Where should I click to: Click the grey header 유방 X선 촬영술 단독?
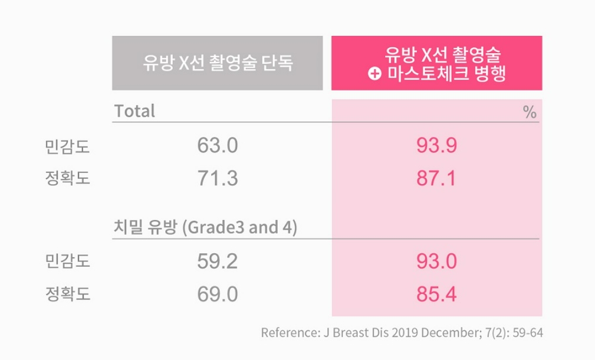click(x=217, y=63)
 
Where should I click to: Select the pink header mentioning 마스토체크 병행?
click(x=436, y=63)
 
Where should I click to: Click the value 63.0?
click(x=218, y=145)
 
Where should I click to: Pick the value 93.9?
click(x=436, y=145)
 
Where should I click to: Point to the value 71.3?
click(x=218, y=178)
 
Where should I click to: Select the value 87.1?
click(x=436, y=178)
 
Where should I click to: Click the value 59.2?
click(x=218, y=261)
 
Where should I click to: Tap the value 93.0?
click(x=436, y=261)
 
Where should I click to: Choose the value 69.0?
click(x=218, y=294)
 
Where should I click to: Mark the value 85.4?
click(x=436, y=294)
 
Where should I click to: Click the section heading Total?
click(x=134, y=111)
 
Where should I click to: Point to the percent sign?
click(x=530, y=112)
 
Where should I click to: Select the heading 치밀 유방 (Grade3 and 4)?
click(x=205, y=228)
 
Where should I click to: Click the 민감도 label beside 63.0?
click(x=67, y=146)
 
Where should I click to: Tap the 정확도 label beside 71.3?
click(x=67, y=178)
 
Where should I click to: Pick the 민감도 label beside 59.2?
click(x=67, y=261)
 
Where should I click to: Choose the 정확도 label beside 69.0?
click(x=67, y=294)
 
